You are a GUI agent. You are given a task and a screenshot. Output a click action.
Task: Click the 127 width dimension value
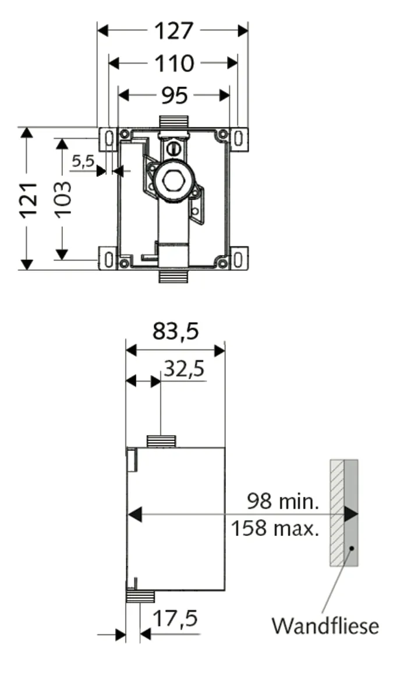tap(173, 30)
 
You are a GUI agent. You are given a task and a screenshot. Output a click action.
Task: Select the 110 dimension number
tap(173, 63)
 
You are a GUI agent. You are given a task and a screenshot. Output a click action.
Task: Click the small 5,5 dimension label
tap(83, 161)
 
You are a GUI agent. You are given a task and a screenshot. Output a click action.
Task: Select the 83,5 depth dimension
tap(176, 331)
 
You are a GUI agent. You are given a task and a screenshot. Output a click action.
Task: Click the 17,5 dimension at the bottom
tap(175, 619)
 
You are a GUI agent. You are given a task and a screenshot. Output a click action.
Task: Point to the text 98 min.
tap(282, 500)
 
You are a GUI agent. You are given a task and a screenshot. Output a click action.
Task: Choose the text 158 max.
tap(275, 529)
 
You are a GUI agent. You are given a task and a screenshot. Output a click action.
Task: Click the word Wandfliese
tap(325, 626)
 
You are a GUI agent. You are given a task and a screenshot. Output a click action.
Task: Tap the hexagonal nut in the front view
tap(173, 181)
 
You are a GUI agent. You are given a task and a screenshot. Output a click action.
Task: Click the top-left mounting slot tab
tap(108, 139)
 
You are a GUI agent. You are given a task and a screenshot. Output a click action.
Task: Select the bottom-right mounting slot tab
tap(239, 258)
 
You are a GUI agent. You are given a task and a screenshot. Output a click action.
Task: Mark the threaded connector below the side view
tap(140, 597)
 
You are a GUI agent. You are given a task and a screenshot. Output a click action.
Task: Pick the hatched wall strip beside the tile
tap(337, 513)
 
